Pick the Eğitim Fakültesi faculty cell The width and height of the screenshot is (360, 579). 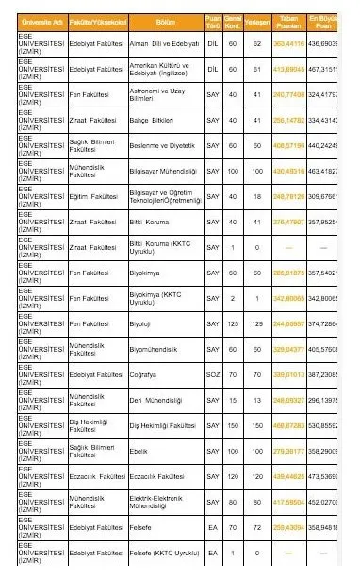(93, 197)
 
